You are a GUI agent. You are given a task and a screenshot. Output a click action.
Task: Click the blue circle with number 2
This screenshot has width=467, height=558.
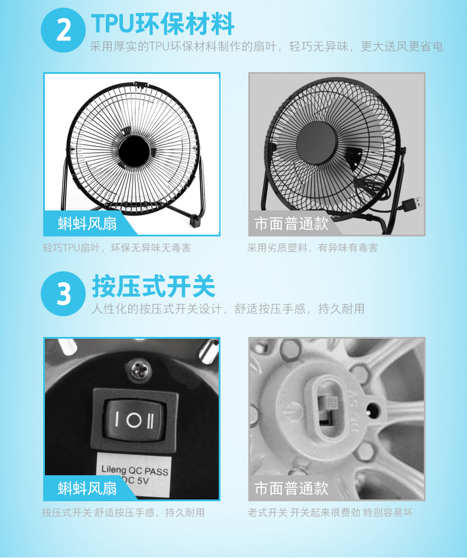click(63, 30)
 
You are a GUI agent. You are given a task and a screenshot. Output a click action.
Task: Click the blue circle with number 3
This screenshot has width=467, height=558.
click(63, 293)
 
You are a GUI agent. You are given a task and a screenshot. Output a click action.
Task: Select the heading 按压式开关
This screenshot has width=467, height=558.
click(153, 287)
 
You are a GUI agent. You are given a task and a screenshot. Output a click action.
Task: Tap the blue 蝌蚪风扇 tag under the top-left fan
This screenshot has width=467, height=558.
click(87, 223)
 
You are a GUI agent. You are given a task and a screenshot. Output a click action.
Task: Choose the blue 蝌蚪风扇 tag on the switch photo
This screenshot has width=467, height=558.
click(87, 488)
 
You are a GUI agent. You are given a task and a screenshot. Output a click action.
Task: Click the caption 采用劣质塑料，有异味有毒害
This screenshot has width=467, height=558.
click(313, 248)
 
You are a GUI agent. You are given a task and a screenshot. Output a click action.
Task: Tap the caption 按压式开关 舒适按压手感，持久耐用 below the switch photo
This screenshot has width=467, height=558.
click(124, 512)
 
